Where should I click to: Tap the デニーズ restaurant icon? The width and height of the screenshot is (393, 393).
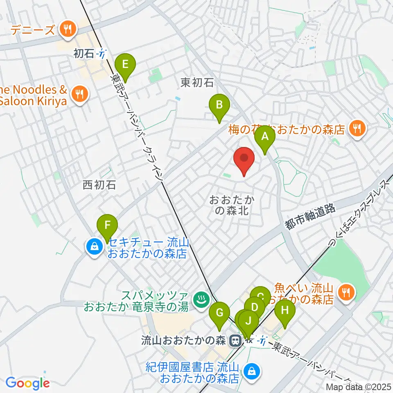tap(66, 29)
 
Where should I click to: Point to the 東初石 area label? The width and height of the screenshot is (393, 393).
tap(197, 83)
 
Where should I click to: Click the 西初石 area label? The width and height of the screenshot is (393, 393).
tap(99, 185)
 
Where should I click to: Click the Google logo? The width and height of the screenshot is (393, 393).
tap(28, 384)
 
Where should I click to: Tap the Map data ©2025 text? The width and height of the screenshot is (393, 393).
tap(358, 387)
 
